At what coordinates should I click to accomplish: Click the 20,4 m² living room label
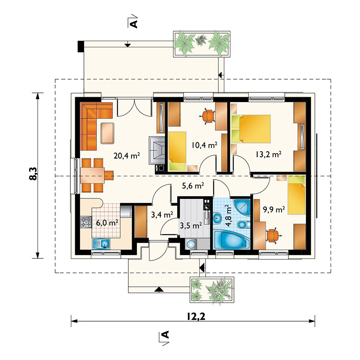[x=127, y=156]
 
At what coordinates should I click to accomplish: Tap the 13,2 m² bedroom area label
[x=268, y=154]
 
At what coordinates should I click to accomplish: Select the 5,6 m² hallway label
[x=193, y=186]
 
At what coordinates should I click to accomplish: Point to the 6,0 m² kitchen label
[x=107, y=223]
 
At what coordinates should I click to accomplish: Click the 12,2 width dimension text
[x=196, y=317]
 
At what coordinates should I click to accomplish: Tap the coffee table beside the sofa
[x=108, y=133]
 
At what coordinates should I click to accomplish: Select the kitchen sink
[x=101, y=244]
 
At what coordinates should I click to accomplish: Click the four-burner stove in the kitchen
[x=86, y=222]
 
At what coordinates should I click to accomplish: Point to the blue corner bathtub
[x=232, y=240]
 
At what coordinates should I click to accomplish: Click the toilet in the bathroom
[x=242, y=224]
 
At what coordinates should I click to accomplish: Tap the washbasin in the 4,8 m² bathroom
[x=217, y=217]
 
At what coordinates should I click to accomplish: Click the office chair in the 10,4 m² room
[x=208, y=116]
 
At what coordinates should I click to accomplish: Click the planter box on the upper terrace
[x=202, y=44]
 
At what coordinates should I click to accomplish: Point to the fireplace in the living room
[x=157, y=150]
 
